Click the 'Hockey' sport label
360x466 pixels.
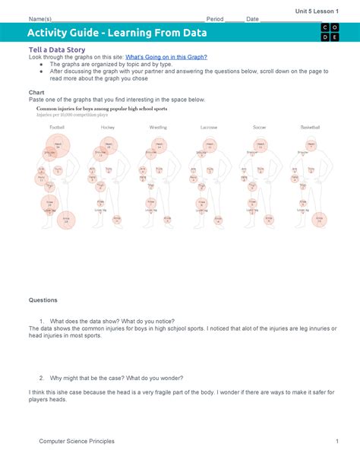108,127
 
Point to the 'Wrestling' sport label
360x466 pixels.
158,127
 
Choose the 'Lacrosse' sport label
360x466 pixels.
208,127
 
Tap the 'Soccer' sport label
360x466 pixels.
259,127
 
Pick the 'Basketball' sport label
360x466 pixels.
309,127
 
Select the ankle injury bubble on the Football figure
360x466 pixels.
66,220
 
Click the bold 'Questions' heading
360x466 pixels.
44,300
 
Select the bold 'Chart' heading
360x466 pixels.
36,92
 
